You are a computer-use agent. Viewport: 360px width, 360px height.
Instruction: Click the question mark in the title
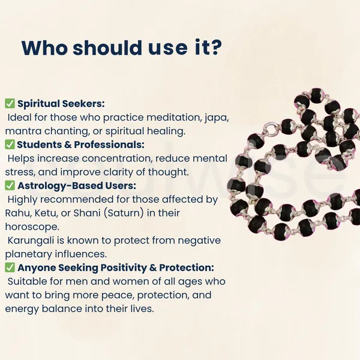[215, 47]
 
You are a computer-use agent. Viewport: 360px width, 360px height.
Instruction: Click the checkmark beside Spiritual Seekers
[10, 103]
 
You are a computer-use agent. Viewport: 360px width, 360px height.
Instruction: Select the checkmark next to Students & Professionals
[10, 145]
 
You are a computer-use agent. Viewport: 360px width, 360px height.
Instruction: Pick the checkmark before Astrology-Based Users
[10, 185]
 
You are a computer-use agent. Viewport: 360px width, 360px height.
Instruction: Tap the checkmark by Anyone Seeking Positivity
[10, 268]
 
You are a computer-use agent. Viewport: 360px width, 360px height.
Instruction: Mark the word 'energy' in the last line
[22, 309]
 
